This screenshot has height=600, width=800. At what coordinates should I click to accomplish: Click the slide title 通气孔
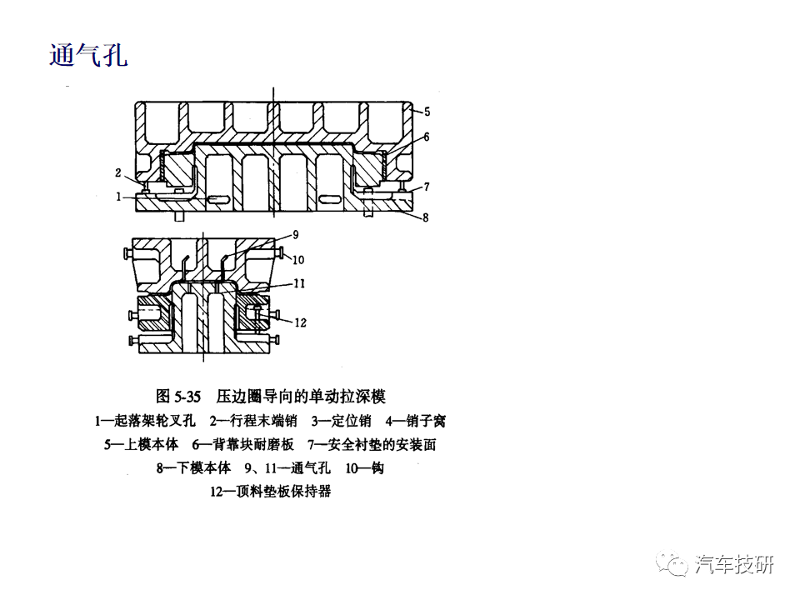[88, 55]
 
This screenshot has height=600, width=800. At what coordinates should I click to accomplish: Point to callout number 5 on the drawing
[427, 111]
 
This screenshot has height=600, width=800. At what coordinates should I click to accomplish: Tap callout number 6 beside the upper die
[427, 137]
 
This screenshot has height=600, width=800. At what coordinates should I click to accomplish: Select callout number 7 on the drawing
[427, 187]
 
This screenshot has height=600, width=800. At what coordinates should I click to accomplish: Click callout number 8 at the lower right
[426, 217]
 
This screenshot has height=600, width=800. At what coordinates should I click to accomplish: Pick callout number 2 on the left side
[117, 173]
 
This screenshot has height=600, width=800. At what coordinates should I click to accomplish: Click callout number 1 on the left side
[118, 197]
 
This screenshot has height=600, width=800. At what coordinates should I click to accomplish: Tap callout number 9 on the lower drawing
[295, 235]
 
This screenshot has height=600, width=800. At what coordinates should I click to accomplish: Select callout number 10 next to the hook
[298, 260]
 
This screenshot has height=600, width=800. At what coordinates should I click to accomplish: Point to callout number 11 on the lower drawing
[299, 283]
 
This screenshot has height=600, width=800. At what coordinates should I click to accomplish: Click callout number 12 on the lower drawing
[300, 322]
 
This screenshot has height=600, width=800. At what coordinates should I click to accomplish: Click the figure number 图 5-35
[178, 397]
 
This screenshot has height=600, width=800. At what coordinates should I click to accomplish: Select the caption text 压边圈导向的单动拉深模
[301, 397]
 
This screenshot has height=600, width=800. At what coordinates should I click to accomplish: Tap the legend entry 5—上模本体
[142, 444]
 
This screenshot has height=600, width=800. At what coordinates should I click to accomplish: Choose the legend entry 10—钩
[365, 467]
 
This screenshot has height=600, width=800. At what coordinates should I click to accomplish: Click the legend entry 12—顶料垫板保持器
[271, 492]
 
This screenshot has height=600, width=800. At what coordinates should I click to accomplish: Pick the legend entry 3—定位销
[342, 421]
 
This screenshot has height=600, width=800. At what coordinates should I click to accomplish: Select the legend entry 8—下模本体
[194, 467]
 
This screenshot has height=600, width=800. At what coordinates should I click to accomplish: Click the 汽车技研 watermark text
[734, 565]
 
